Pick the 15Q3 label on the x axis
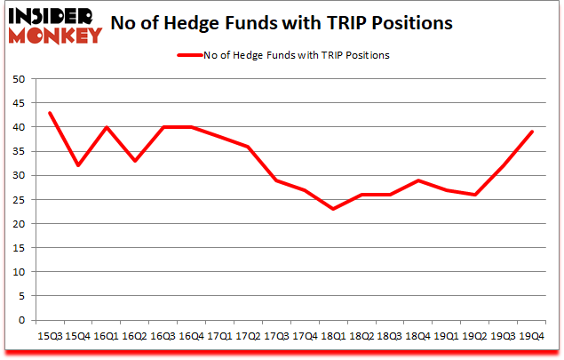(50, 337)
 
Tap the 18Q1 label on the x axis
(333, 337)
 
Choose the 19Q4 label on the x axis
(531, 337)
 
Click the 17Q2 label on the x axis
(248, 337)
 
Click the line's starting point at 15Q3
(50, 113)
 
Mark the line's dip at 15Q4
(78, 165)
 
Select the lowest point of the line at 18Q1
(333, 209)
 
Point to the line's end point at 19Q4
(531, 132)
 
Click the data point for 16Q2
(135, 161)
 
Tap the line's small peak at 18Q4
(417, 180)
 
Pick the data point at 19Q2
(474, 195)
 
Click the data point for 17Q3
(276, 180)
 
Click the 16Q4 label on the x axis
(191, 337)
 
